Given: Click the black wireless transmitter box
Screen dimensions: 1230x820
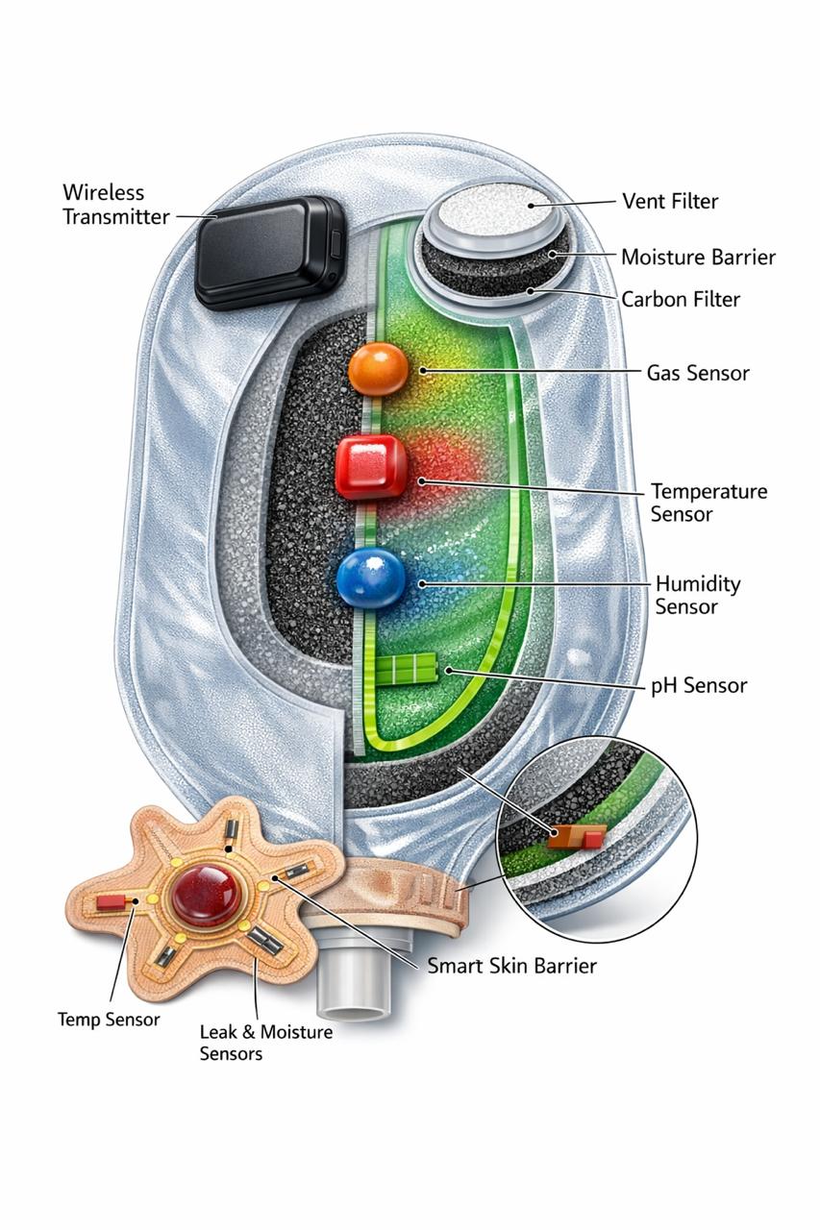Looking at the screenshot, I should tap(269, 252).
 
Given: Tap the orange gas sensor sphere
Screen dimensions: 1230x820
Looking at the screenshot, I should tap(378, 369).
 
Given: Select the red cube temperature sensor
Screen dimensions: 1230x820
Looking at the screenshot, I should tap(371, 467).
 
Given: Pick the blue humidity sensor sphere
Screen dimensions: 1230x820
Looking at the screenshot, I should tap(371, 578).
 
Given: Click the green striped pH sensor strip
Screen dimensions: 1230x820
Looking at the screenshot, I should tap(407, 671).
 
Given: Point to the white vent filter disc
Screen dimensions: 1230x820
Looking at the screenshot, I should tap(496, 209).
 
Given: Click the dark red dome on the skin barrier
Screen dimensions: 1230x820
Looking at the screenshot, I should tap(205, 893).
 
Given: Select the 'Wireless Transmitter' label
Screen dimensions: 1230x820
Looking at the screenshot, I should tap(115, 205).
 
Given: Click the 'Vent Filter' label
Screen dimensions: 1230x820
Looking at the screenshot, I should tap(670, 202).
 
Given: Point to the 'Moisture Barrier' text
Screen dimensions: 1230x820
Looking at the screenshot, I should tap(698, 258).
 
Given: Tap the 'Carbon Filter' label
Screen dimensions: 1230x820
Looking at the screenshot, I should tap(681, 299).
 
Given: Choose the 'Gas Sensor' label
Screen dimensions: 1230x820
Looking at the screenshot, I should tap(698, 373).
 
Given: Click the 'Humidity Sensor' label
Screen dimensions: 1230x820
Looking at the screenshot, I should tap(698, 595).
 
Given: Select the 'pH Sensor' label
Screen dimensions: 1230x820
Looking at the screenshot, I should tap(699, 685).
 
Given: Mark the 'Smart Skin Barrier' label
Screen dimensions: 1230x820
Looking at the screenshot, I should tap(511, 966).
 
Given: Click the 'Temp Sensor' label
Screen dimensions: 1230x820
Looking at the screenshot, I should tap(109, 1020).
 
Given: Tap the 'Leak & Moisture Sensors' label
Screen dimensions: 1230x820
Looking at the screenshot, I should tap(266, 1043).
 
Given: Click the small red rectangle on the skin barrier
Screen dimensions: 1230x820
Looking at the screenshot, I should tap(111, 902).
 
